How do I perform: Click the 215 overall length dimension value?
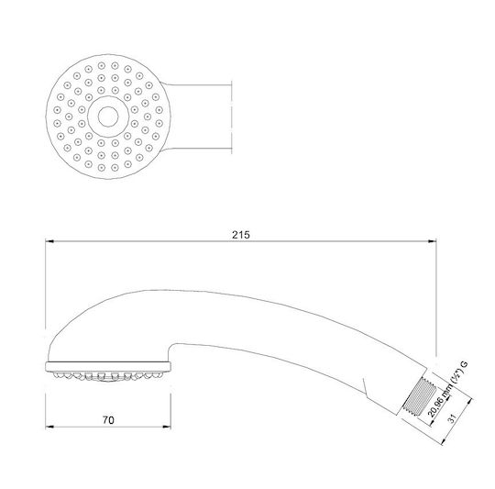(241, 235)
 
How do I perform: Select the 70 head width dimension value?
(108, 420)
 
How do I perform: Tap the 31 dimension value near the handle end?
(453, 418)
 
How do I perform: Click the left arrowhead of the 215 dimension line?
(49, 241)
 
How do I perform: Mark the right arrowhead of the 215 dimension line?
(432, 241)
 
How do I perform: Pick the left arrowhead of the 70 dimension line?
(49, 428)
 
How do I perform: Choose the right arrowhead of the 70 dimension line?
(167, 428)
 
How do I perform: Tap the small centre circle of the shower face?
(108, 117)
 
